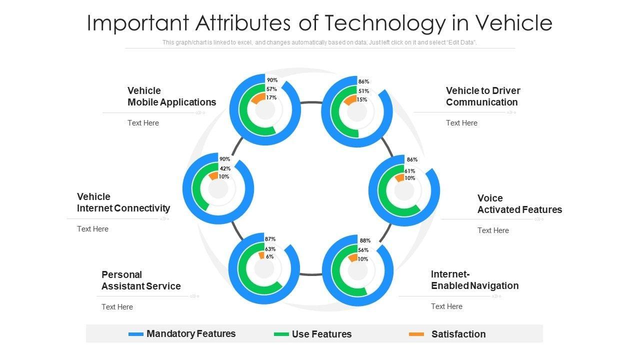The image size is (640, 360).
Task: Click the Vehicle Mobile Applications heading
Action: pos(171,96)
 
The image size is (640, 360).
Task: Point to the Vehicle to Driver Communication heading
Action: pos(482,96)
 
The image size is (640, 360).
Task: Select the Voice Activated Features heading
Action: pos(519,204)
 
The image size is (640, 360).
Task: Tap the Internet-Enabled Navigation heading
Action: pos(474,280)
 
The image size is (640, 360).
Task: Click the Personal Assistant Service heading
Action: pos(141,280)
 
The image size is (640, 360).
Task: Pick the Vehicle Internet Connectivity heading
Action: pos(123,202)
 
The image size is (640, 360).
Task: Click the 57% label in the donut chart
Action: pos(271,89)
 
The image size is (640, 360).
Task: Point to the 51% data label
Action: pos(363,91)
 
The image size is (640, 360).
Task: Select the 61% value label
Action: pos(410,171)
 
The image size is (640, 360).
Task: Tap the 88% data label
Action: pos(364,240)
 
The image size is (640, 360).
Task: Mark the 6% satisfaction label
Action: pos(269,256)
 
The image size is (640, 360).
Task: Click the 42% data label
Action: pos(225,168)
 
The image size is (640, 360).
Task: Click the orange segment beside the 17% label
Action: pos(258,98)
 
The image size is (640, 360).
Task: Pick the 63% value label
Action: pos(270,248)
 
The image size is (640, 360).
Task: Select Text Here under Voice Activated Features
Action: pos(493,230)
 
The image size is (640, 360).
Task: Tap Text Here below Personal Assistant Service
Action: pos(117,307)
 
